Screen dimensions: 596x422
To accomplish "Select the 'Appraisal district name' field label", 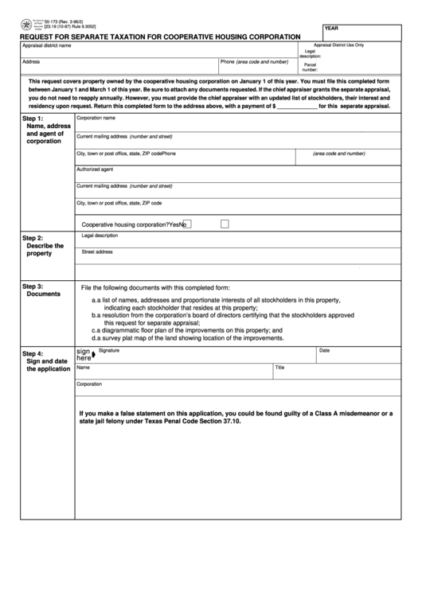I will coord(46,45).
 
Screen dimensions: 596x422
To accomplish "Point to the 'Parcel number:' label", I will coord(311,68).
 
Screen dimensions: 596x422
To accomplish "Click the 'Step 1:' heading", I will coord(33,119).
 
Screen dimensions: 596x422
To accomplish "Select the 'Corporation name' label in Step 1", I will coord(96,118).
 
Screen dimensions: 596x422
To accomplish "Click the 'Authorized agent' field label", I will coord(95,169).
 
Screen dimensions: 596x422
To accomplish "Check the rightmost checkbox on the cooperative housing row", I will coord(225,224).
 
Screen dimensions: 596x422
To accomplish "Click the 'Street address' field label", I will coord(97,252).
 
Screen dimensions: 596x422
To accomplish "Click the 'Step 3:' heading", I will coord(33,286).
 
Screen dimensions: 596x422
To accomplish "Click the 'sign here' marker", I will coord(84,354).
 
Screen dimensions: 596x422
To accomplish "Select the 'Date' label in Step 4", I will coord(324,350).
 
